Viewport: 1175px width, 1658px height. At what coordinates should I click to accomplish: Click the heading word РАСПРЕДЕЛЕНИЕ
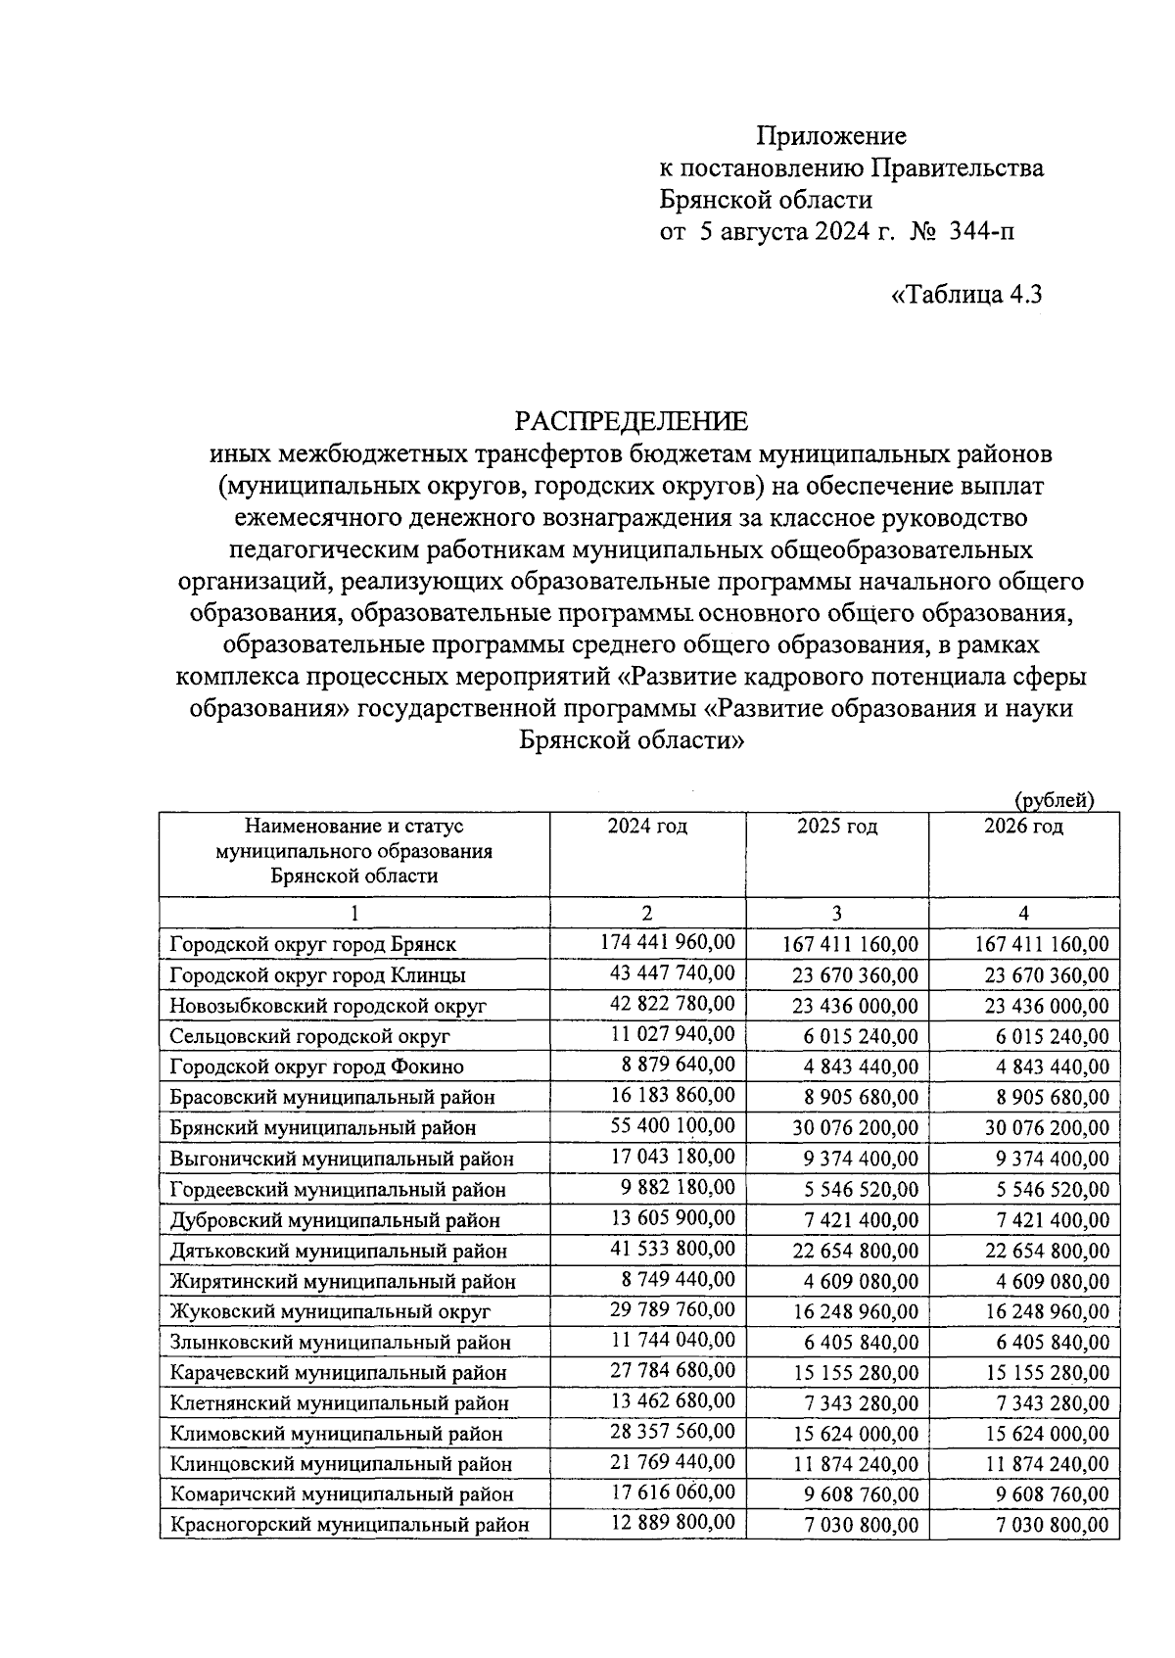tap(632, 422)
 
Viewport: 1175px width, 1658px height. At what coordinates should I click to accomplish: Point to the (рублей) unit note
tap(1054, 800)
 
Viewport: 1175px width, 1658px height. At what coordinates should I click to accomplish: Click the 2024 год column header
tap(647, 827)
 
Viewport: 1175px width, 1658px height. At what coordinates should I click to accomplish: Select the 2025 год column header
tap(837, 827)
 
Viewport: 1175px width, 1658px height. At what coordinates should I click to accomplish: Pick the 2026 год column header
tap(1023, 827)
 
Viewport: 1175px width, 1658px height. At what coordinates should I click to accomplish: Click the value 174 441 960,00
tap(667, 943)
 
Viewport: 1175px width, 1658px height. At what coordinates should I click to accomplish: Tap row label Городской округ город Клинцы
tap(317, 975)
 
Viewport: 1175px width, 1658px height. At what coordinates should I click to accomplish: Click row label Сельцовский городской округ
tap(309, 1036)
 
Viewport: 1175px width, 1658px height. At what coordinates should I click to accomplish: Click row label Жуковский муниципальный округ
tap(330, 1311)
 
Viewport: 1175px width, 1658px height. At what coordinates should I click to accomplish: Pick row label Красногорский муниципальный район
tap(350, 1525)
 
